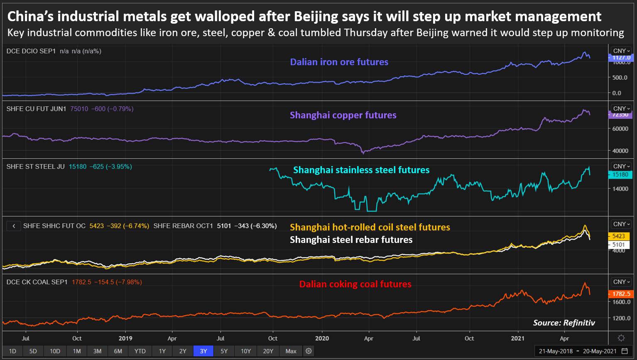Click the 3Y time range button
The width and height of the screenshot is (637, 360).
click(203, 351)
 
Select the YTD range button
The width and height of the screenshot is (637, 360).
click(140, 351)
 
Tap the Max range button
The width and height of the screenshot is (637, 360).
click(291, 351)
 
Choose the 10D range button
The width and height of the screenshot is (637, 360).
click(55, 351)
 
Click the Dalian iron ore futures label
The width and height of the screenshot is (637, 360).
click(339, 62)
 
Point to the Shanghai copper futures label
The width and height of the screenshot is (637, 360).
click(343, 115)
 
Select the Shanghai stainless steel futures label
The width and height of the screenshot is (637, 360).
click(361, 170)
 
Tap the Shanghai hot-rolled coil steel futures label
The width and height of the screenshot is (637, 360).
click(370, 227)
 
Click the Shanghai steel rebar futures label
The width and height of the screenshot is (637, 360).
click(351, 240)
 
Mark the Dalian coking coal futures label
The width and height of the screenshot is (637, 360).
click(355, 284)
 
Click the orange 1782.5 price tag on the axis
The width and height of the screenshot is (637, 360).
click(621, 294)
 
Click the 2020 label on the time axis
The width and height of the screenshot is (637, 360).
click(322, 338)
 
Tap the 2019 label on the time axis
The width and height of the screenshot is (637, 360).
click(125, 338)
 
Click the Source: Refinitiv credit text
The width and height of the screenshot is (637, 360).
click(564, 323)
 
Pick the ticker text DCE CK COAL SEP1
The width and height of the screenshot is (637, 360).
click(37, 282)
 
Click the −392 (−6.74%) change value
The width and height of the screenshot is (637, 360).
click(128, 226)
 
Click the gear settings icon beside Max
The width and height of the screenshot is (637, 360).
click(309, 351)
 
